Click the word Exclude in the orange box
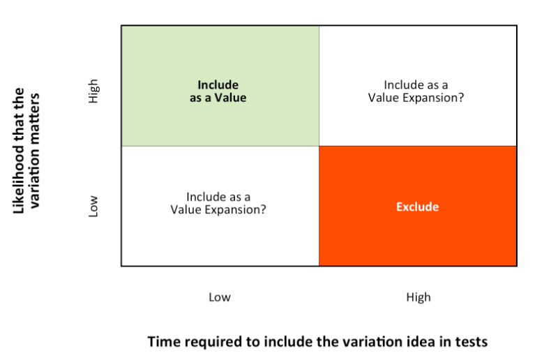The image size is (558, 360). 417,207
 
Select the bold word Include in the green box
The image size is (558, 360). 218,84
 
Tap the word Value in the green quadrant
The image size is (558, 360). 230,98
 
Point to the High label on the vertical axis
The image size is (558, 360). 93,91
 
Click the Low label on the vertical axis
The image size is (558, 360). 93,206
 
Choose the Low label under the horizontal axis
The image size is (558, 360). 220,297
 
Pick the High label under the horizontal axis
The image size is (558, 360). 418,297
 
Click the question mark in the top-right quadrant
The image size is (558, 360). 461,98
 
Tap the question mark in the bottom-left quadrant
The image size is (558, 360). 264,209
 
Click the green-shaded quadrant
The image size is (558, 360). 220,86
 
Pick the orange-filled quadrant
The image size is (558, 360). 418,206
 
